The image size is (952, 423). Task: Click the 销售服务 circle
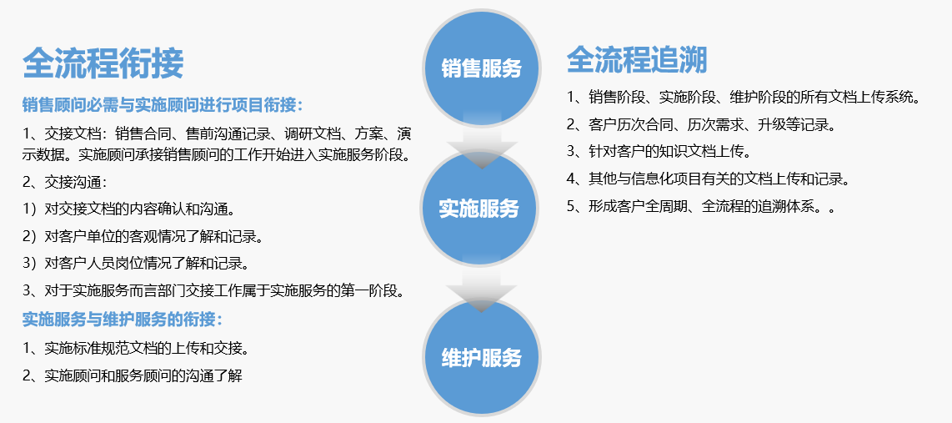pos(481,68)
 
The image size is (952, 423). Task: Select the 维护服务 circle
pos(481,357)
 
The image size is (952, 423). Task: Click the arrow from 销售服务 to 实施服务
pos(481,142)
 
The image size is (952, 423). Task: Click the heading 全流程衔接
pos(103,63)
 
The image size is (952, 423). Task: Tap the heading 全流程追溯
pos(637,59)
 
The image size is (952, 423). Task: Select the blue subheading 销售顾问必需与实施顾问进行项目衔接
pos(163,104)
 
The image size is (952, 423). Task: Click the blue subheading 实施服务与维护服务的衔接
pos(123,319)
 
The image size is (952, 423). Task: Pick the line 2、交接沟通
pos(65,182)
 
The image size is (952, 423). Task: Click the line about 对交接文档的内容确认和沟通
pos(128,209)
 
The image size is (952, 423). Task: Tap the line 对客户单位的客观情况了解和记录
pos(143,236)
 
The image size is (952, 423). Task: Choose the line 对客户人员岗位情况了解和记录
pos(135,264)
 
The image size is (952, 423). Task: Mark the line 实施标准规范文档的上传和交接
pos(136,348)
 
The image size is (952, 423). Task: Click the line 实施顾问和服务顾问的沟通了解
pos(133,375)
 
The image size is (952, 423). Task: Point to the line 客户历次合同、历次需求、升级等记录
pos(701,125)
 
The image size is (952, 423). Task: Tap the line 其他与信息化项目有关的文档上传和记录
pos(707,179)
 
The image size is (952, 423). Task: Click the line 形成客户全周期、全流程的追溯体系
pos(701,207)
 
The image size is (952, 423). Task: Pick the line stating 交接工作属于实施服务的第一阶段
pos(213,291)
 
